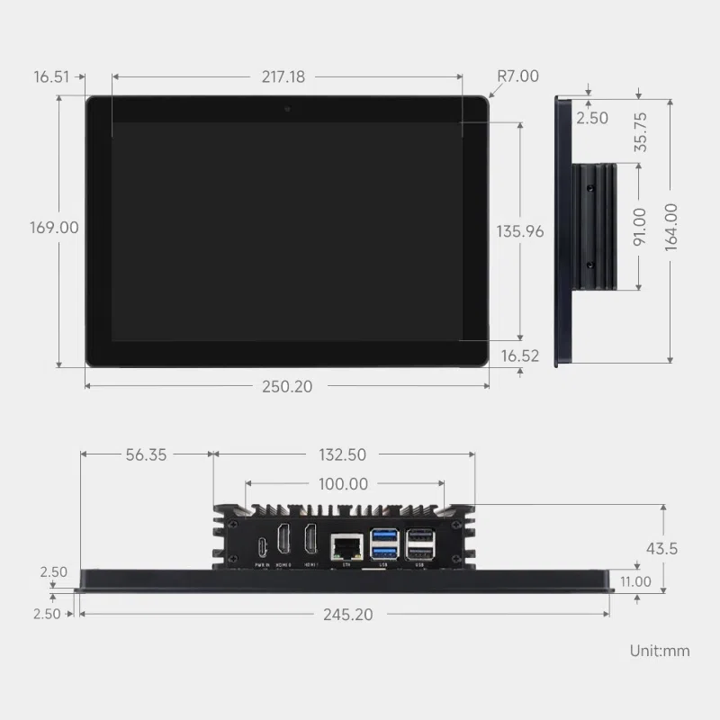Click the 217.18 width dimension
[x=283, y=77]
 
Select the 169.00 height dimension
[x=54, y=228]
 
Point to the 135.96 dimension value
[x=519, y=231]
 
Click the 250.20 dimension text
[x=287, y=386]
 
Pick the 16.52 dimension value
[x=519, y=356]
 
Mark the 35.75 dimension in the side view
[x=641, y=130]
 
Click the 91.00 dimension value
[x=640, y=226]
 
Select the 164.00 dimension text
[x=671, y=227]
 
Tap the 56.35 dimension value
[x=146, y=455]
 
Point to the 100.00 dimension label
[x=343, y=484]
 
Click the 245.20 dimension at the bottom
[x=343, y=615]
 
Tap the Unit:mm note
[x=659, y=651]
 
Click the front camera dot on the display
[x=287, y=109]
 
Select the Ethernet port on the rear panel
[x=345, y=546]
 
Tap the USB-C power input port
[x=262, y=546]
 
